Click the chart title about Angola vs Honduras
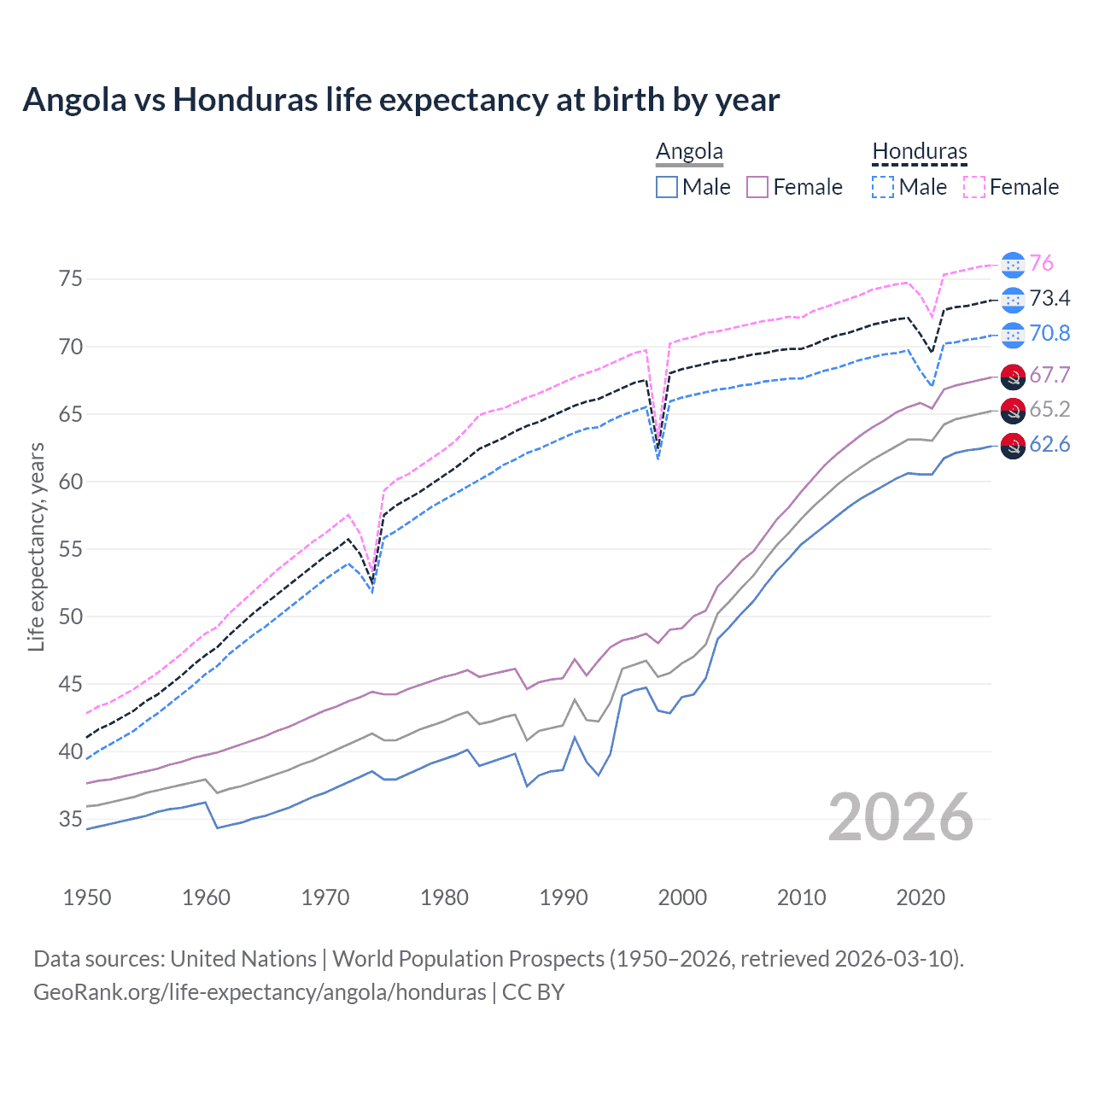point(400,100)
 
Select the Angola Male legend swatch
point(667,187)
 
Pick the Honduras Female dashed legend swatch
point(974,187)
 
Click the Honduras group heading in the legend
point(919,152)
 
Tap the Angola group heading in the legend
point(689,152)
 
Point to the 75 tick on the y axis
point(71,279)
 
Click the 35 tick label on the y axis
point(71,820)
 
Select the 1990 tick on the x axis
point(564,897)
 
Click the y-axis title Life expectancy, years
point(36,546)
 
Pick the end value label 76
point(1041,264)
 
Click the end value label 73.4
point(1049,299)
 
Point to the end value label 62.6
point(1049,445)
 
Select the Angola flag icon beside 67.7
point(1012,376)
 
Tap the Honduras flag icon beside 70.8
point(1012,334)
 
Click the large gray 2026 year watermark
point(901,817)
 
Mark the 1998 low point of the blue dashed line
point(658,459)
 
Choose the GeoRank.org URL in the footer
point(260,992)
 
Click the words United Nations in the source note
point(243,959)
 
